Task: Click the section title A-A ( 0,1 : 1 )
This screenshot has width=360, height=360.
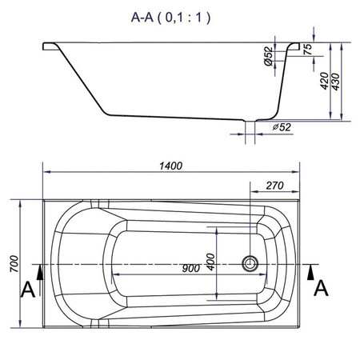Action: point(170,18)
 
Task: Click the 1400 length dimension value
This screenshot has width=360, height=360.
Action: point(171,166)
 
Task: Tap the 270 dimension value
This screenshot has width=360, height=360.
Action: point(274,186)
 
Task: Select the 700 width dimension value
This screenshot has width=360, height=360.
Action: point(14,264)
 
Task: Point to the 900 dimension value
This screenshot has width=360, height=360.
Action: point(191,268)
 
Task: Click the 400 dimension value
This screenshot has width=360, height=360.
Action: point(210,262)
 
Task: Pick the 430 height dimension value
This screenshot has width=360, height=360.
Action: point(335,82)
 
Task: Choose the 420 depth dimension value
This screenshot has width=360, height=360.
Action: point(324,81)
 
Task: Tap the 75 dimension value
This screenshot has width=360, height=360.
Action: point(308,50)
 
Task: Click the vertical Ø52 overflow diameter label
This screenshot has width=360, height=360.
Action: point(269,57)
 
